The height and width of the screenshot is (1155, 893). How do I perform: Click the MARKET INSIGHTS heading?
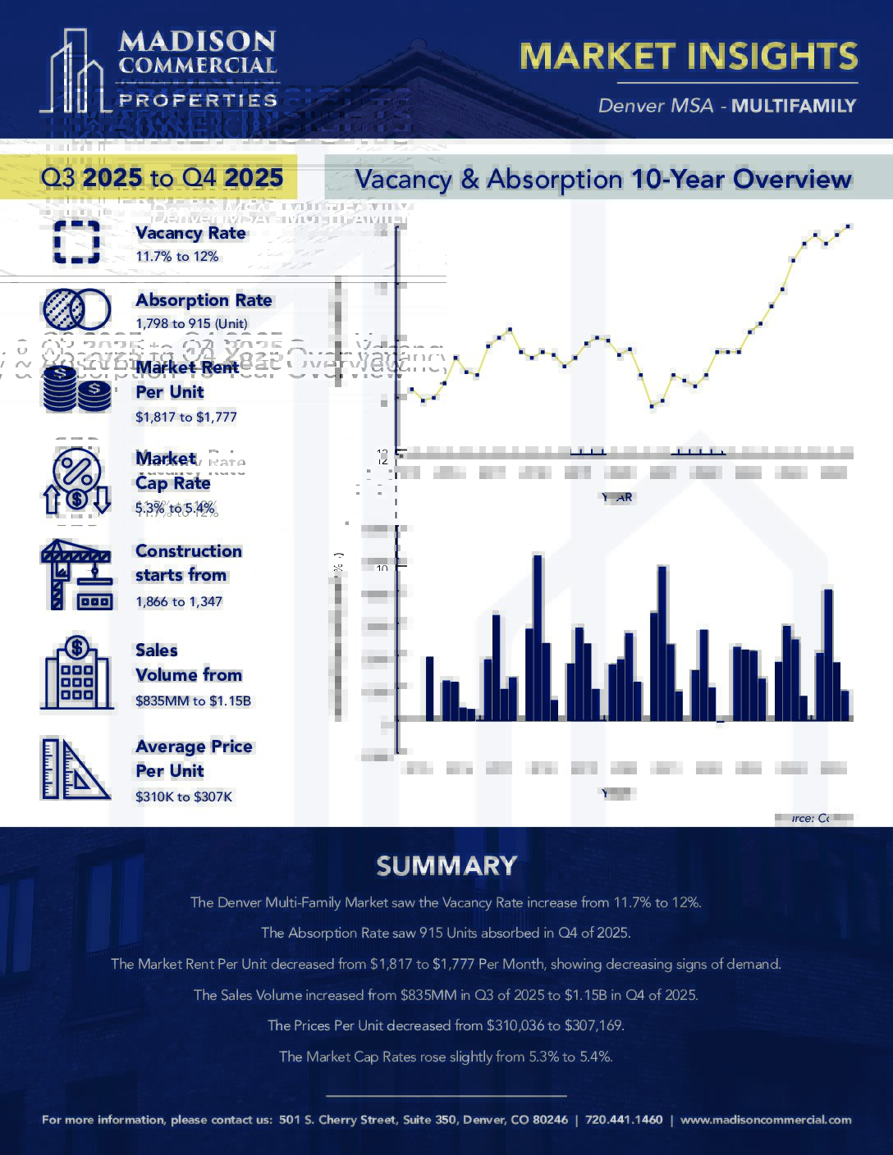pos(689,56)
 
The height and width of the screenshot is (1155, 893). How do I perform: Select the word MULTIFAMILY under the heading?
pos(794,106)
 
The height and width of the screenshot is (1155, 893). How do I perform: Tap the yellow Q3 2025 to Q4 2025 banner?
pos(162,178)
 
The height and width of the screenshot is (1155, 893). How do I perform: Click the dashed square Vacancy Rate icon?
pos(77,242)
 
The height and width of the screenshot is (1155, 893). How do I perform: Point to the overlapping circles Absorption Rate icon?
pos(76,309)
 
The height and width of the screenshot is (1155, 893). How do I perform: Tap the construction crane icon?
pos(76,574)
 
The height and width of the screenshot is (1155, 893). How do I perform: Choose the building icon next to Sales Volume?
pos(76,673)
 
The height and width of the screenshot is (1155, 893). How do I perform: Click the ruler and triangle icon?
pos(76,769)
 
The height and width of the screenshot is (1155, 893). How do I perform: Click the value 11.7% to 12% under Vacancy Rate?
pos(177,257)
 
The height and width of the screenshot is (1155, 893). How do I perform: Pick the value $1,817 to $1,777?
pos(186,417)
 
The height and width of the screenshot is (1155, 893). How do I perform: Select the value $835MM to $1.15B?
pos(193,701)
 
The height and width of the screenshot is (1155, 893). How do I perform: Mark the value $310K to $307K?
pos(184,797)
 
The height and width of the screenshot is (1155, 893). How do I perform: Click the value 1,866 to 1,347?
pos(179,601)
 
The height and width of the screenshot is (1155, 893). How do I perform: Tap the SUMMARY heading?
pos(446,866)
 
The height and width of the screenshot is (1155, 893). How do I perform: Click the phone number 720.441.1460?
pos(624,1120)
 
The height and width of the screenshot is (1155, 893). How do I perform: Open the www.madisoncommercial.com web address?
pos(766,1120)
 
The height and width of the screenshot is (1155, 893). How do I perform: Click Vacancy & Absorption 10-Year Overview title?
pos(603,179)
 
